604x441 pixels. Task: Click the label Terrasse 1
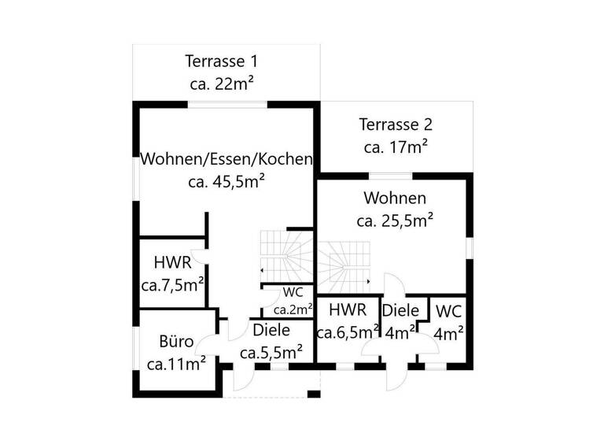click(x=221, y=61)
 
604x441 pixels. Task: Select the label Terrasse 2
click(x=396, y=124)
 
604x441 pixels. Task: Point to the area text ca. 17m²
click(x=396, y=146)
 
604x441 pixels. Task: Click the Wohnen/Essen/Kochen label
click(x=226, y=159)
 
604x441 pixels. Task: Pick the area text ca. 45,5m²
click(x=226, y=181)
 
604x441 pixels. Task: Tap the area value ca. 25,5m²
click(x=396, y=220)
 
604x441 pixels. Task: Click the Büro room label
click(x=176, y=342)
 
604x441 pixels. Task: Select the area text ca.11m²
click(x=176, y=363)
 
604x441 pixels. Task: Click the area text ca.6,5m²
click(x=348, y=332)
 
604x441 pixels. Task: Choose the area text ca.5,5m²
click(x=272, y=351)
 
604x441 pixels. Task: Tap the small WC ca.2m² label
click(x=288, y=300)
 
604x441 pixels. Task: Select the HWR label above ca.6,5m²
click(x=348, y=309)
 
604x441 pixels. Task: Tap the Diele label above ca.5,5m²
click(x=272, y=330)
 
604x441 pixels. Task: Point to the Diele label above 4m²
click(x=401, y=310)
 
